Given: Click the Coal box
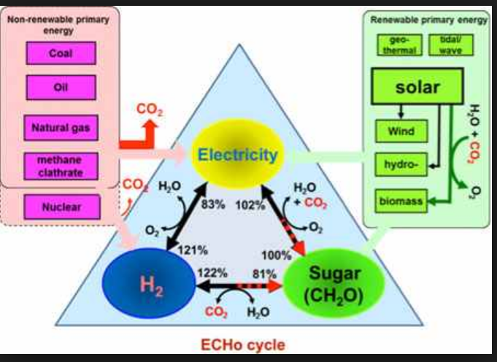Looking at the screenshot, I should [x=60, y=53].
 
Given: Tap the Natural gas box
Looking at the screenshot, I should [x=60, y=127].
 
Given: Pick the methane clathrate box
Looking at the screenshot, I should [x=60, y=165].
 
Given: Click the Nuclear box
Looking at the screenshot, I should [x=60, y=207].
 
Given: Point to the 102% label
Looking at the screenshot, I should [x=250, y=204].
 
